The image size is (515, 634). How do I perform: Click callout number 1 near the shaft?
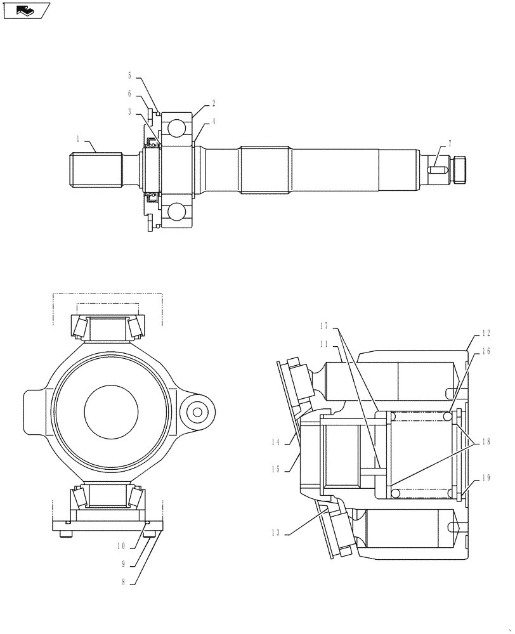click(x=79, y=138)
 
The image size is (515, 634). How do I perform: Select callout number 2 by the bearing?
click(x=214, y=102)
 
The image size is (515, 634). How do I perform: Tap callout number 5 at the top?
click(x=129, y=75)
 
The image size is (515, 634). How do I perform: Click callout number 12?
click(x=486, y=333)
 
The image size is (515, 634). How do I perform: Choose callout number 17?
click(x=324, y=326)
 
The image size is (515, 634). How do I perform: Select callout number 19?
click(x=486, y=479)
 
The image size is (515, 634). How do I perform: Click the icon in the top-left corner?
click(x=26, y=10)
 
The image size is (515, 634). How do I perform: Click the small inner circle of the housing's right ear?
click(x=197, y=412)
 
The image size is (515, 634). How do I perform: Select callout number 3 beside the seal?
click(x=129, y=112)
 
